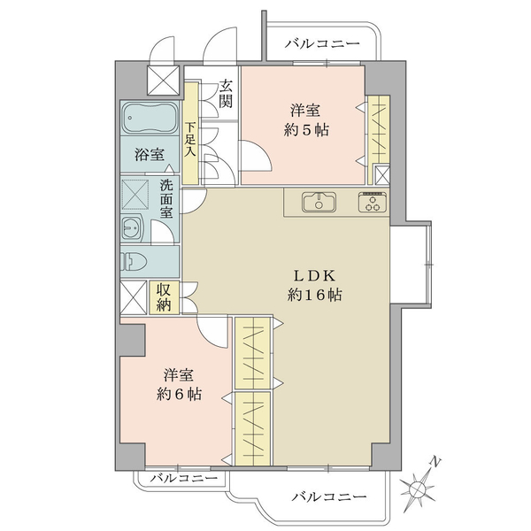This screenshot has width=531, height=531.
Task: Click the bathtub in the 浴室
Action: [150, 119]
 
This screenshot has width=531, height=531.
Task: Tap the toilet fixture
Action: [134, 261]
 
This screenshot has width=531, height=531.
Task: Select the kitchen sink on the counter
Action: [319, 202]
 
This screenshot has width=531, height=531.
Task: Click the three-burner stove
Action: [373, 202]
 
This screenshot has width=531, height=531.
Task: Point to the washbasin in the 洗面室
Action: [133, 228]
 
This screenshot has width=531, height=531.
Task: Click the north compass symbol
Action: [417, 489]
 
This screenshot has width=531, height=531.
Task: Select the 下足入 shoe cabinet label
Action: [190, 139]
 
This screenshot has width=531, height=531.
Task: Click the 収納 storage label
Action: [164, 297]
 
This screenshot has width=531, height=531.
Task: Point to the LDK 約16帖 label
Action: [314, 286]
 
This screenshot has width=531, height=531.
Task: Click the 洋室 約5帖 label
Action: [306, 120]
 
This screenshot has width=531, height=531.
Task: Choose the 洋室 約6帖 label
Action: [179, 385]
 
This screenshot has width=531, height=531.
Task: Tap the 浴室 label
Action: [150, 155]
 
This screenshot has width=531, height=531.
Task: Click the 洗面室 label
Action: [166, 198]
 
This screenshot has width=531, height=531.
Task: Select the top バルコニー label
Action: [322, 44]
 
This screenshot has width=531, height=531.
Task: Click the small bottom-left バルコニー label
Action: [184, 478]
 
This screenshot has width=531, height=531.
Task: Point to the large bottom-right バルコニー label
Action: [329, 497]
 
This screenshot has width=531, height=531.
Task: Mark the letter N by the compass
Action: [435, 462]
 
